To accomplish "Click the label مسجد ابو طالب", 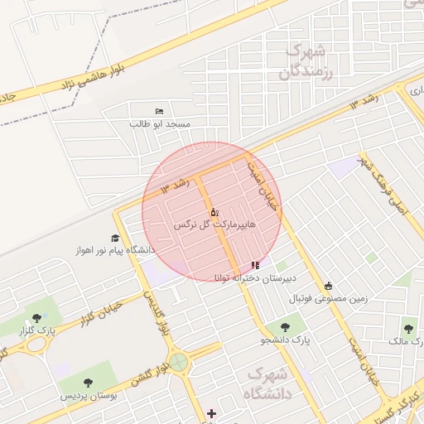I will click(160, 124).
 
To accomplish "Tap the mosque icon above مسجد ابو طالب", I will click(159, 111).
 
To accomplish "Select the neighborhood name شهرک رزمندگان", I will click(307, 61).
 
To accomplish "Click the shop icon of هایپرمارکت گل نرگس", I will click(214, 212).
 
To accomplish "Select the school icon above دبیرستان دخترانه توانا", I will click(254, 265).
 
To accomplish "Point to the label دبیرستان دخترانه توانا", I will click(254, 277).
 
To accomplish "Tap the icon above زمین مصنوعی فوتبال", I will click(328, 285).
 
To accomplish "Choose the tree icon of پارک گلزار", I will click(36, 317).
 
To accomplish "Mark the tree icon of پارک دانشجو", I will click(284, 327).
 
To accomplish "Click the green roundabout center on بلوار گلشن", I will click(178, 362).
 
